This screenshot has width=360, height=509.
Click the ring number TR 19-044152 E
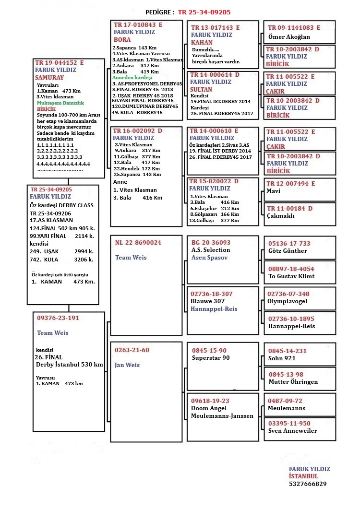coord(60,62)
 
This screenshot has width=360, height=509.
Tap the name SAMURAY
coord(49,77)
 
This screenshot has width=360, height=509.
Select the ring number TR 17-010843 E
coord(138,24)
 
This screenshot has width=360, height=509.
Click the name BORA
coord(122,40)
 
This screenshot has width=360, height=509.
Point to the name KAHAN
coord(202,42)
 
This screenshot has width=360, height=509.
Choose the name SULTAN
coord(201,90)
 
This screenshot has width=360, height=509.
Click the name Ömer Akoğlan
coord(289,36)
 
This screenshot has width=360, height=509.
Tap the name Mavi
coord(274,191)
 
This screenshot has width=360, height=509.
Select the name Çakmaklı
coord(281,216)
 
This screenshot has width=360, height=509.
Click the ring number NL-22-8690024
coord(138,243)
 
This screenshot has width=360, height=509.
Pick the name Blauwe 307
coord(208,301)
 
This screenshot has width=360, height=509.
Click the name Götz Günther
coord(288,251)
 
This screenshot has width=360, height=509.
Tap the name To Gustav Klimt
coord(291,277)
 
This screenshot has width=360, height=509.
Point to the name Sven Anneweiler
coord(292,431)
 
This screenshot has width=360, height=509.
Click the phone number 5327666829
coord(308,484)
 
